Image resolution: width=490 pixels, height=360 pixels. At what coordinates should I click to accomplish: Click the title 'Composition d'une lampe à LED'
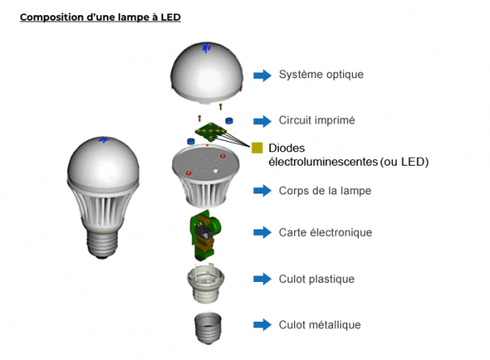pos(100,17)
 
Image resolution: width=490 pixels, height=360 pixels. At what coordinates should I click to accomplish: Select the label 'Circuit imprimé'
pos(316,121)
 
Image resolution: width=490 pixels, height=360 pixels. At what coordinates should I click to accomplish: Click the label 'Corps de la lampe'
pos(325,191)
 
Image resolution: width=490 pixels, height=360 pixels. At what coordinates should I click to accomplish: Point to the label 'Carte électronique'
pos(325,233)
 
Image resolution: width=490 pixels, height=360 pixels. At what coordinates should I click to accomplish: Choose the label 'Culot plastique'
pos(316,279)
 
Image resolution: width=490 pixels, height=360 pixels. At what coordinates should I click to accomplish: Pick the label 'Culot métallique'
pos(319,325)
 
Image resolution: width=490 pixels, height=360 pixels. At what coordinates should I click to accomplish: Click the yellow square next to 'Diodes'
pos(257,147)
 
